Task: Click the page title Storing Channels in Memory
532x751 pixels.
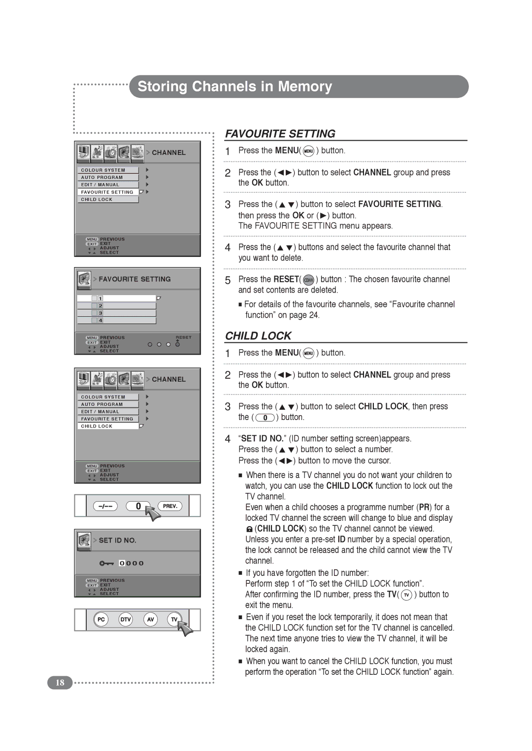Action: point(234,87)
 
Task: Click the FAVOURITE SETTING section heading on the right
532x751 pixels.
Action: point(280,134)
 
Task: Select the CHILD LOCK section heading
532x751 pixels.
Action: point(258,336)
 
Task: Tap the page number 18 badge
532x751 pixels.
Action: point(60,683)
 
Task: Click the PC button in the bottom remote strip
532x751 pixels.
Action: point(101,619)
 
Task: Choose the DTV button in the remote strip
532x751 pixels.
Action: point(126,619)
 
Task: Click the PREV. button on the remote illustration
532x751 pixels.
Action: point(170,506)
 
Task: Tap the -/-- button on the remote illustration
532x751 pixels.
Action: point(105,506)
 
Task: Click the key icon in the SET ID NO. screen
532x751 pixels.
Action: point(106,563)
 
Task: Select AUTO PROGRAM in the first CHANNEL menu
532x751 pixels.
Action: point(102,178)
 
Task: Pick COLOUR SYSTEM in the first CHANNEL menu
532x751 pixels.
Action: point(103,170)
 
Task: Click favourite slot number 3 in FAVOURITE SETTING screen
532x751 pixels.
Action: point(100,313)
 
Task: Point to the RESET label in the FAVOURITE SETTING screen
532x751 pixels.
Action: point(183,337)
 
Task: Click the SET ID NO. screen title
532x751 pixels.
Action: point(117,540)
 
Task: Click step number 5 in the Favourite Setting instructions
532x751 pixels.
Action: point(228,280)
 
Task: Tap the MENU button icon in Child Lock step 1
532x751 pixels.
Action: point(308,353)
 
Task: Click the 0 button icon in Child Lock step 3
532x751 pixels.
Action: point(265,418)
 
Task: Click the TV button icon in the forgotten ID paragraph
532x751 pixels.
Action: point(406,595)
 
